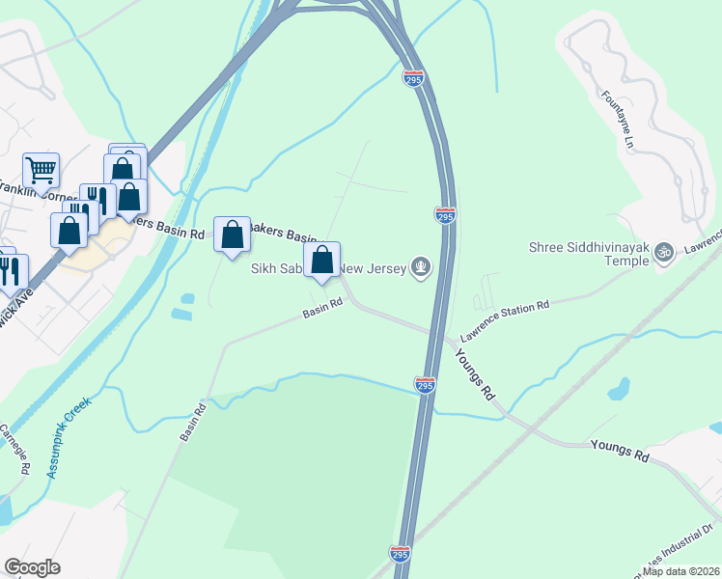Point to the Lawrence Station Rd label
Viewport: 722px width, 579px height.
pyautogui.click(x=504, y=318)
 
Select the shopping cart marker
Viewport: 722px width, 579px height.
pyautogui.click(x=41, y=171)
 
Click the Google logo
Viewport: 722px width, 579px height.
pyautogui.click(x=32, y=567)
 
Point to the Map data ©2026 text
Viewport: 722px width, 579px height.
pyautogui.click(x=681, y=571)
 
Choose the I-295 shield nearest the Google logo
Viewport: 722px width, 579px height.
pyautogui.click(x=401, y=554)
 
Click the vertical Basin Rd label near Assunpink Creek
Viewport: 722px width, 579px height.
pyautogui.click(x=193, y=423)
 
